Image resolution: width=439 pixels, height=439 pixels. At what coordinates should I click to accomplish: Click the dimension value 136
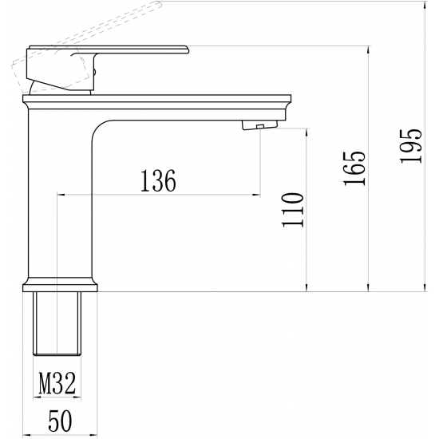[x=158, y=182]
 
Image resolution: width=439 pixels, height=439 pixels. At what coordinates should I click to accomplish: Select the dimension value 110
[x=295, y=209]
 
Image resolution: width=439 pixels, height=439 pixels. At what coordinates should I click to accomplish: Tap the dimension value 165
[x=356, y=168]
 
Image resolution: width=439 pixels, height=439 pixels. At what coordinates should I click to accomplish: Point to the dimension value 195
[x=410, y=145]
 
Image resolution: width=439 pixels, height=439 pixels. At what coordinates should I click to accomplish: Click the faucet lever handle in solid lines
[x=120, y=52]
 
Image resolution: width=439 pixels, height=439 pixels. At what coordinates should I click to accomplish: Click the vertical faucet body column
[x=60, y=200]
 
